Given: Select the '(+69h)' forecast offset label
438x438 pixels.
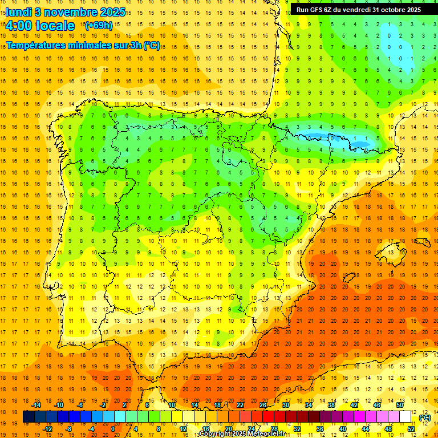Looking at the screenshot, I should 98,26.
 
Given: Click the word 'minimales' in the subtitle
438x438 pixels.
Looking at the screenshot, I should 86,45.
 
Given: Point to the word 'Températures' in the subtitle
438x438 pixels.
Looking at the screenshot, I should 36,45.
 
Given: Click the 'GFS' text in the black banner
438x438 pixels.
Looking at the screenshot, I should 321,10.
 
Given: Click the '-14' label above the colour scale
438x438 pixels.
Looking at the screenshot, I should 36,405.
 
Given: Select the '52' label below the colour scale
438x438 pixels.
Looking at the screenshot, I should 411,429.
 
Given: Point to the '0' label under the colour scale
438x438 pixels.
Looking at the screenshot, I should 112,429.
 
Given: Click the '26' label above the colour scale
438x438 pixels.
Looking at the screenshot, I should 263,405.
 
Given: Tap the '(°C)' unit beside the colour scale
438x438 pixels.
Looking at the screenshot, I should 425,417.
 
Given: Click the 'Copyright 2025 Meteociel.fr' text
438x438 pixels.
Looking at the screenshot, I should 242,434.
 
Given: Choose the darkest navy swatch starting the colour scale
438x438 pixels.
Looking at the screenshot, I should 28,417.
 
